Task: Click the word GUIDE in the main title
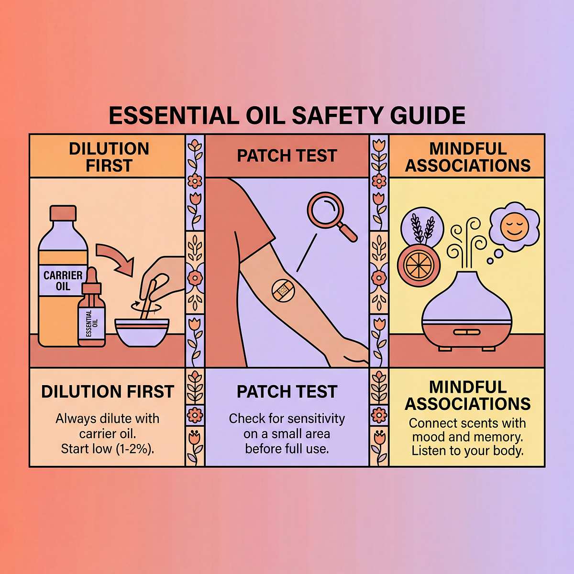click(x=428, y=115)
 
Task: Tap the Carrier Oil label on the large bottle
click(x=63, y=280)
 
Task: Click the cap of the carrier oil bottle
click(x=63, y=213)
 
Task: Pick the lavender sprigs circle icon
click(x=422, y=230)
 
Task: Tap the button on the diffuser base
click(x=467, y=332)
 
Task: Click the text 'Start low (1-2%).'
click(x=108, y=449)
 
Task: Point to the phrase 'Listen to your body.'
click(x=467, y=451)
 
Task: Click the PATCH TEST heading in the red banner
click(x=287, y=155)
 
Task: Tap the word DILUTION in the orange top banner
click(x=109, y=149)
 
